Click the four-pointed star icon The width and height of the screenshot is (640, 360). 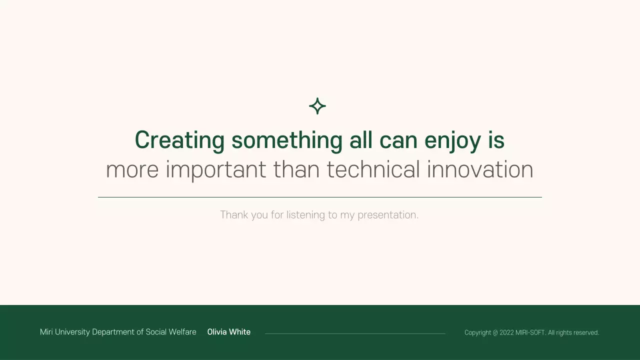pos(317,106)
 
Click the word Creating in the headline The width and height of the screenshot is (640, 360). pos(179,140)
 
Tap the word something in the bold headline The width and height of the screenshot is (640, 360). pos(287,140)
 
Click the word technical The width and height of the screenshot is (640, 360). pos(373,169)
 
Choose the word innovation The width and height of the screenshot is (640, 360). pos(480,169)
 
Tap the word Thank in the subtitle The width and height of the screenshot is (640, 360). pos(234,215)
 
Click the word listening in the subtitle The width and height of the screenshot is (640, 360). pos(305,215)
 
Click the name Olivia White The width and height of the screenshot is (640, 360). pos(229,332)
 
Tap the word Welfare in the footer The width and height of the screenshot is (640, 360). pos(182,332)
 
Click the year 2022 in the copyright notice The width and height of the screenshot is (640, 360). pos(506,332)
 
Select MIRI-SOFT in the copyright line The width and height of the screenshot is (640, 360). pos(530,332)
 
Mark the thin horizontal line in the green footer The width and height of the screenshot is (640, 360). pos(355,333)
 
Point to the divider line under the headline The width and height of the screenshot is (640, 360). pos(320,197)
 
